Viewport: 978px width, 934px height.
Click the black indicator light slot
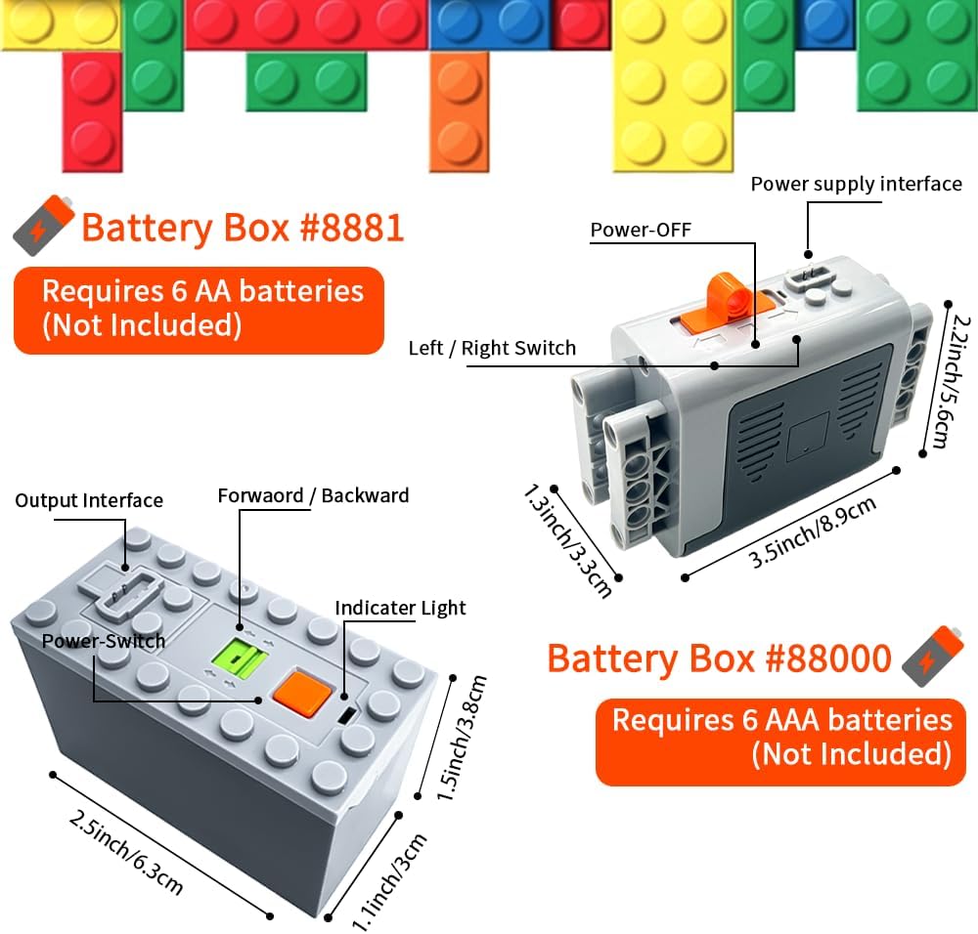[347, 715]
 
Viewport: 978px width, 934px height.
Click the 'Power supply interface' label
[856, 185]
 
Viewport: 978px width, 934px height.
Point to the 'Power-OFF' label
[641, 230]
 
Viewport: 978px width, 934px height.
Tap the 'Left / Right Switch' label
[492, 349]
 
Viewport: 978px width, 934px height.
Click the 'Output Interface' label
[89, 500]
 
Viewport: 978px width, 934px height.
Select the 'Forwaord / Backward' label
[313, 495]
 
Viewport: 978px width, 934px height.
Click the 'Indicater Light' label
[400, 608]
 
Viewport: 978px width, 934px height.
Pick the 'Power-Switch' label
[104, 641]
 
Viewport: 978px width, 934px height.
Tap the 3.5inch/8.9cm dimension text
[813, 531]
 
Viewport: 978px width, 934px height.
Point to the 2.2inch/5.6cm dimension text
[946, 382]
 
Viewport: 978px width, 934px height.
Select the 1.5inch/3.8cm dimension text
[462, 738]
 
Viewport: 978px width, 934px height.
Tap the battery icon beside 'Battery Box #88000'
[933, 657]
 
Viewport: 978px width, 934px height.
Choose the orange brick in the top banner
[459, 112]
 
